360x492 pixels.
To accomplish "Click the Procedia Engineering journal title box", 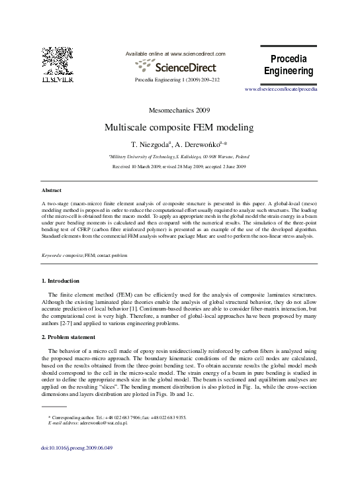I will tap(289, 66).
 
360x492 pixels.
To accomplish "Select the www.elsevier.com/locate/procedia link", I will tap(281, 88).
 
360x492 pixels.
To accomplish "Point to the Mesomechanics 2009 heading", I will tap(180, 109).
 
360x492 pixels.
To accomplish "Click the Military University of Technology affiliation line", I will tap(179, 156).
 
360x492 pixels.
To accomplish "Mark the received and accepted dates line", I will tap(179, 167).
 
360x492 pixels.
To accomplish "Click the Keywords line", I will tap(85, 254).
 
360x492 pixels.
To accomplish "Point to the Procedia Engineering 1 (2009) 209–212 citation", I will tap(177, 79).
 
